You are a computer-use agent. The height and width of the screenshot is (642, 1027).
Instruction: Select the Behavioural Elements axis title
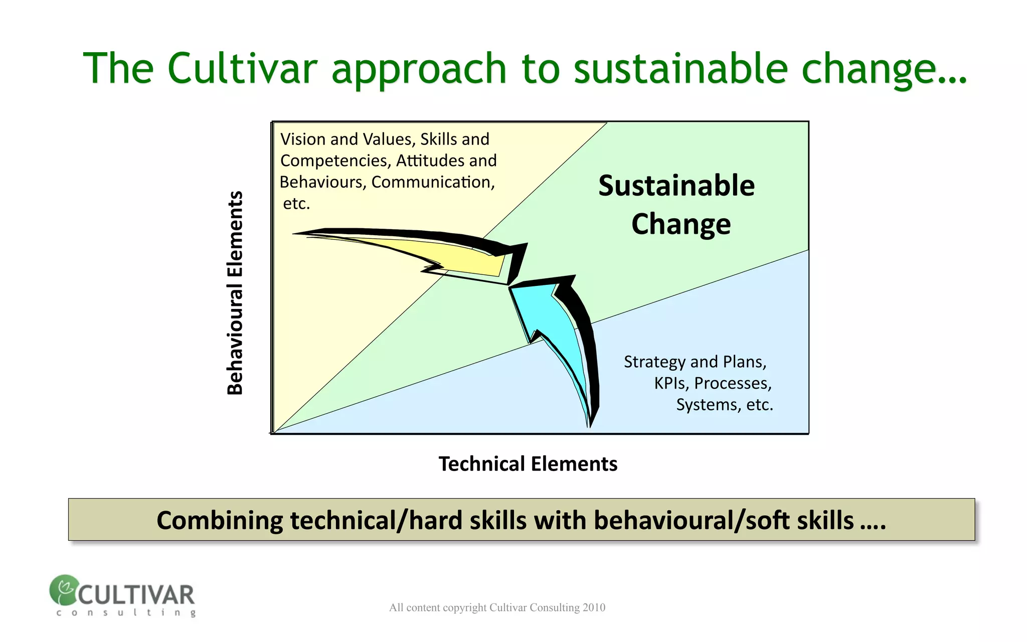point(235,293)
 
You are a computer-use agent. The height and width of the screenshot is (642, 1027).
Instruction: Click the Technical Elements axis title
point(528,464)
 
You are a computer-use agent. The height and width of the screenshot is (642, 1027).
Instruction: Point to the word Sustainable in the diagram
point(676,186)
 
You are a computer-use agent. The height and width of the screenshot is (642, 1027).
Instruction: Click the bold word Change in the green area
point(680,224)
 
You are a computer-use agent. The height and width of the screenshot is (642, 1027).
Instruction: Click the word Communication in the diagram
point(432,182)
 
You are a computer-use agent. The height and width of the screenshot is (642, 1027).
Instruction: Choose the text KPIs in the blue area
point(671,383)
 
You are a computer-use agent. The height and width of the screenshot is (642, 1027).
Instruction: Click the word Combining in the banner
point(220,520)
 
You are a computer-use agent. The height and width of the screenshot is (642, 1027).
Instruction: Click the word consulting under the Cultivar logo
point(126,612)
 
